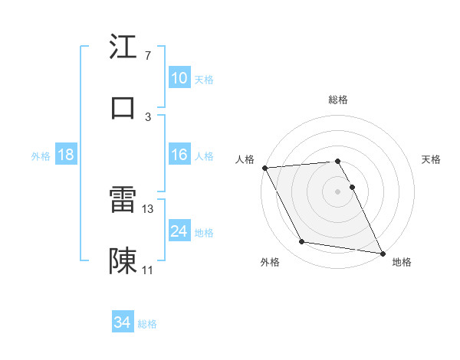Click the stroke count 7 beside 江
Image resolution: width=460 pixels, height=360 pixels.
147,56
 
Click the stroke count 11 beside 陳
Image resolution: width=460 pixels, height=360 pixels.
148,270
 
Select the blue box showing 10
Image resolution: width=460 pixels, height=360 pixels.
179,78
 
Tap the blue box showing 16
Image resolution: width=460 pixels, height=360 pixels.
179,155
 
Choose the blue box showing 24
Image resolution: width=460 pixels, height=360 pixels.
179,231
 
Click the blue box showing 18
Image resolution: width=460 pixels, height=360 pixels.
66,155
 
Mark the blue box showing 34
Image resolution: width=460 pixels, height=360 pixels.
123,323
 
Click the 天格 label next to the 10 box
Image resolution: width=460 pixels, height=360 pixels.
204,79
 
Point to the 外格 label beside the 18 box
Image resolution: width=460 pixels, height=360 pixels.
41,155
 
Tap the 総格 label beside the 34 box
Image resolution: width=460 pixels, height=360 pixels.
147,324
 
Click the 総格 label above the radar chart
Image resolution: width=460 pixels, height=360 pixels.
338,100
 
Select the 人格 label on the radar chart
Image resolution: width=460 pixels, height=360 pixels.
245,159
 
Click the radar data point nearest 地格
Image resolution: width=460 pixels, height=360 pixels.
381,253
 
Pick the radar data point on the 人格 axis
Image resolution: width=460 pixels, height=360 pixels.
264,168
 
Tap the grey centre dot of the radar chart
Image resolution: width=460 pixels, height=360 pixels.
338,191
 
